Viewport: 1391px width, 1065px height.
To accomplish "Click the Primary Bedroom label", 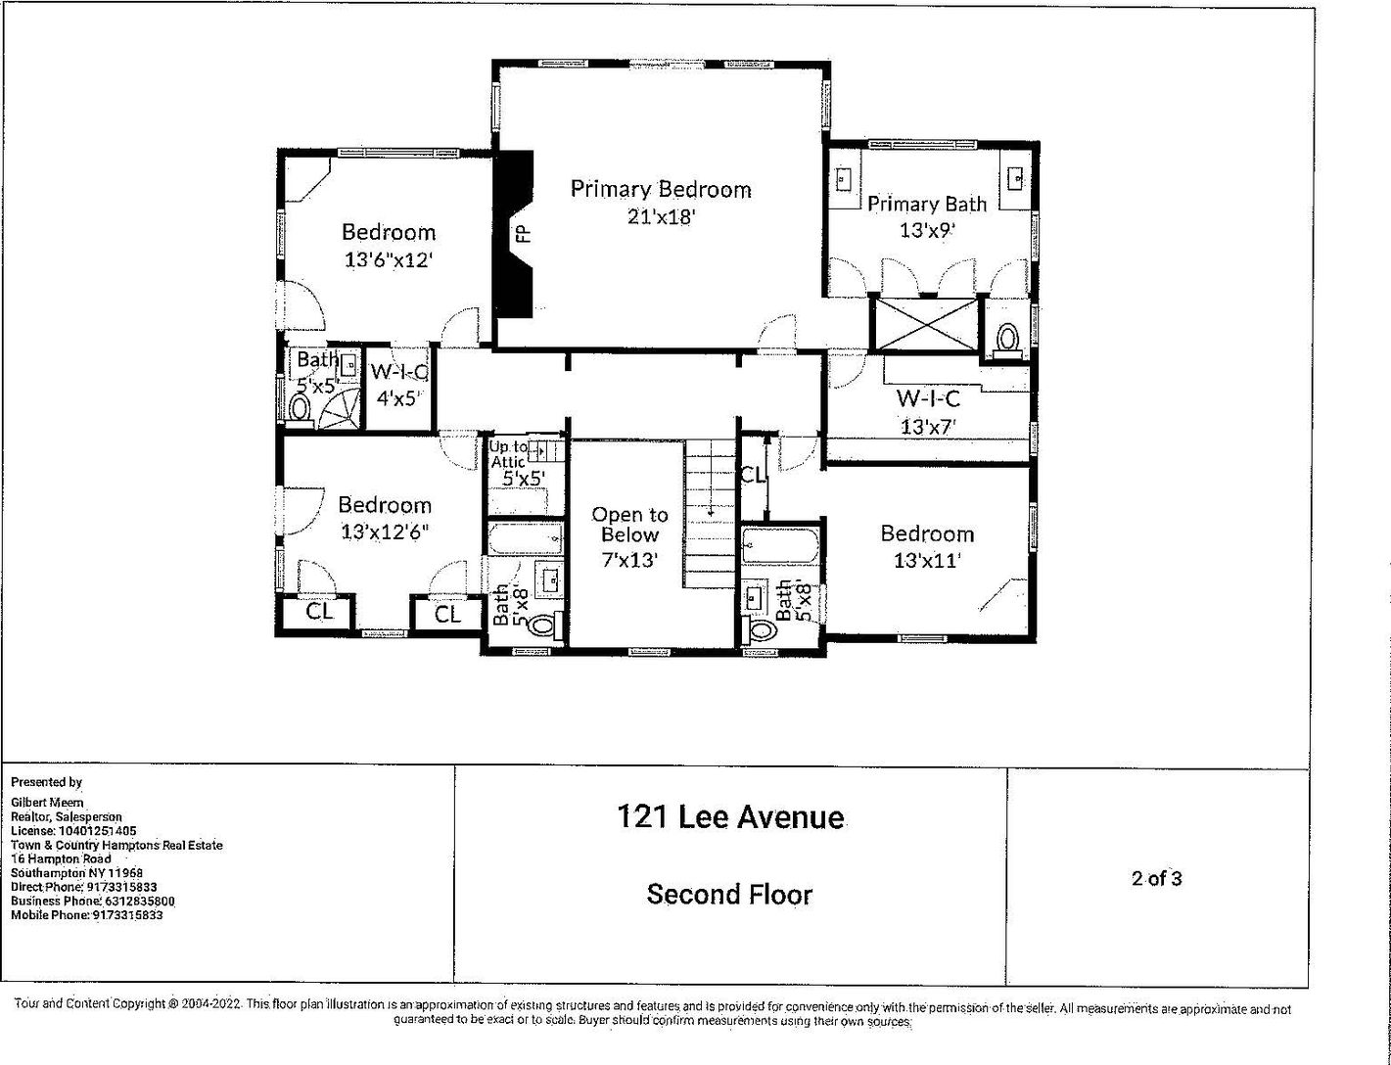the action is (x=661, y=190).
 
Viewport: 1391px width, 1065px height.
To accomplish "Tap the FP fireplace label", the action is (x=524, y=233).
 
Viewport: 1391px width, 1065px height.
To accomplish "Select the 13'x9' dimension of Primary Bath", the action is (x=926, y=230).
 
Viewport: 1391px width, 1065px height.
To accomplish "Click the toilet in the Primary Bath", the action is (x=1007, y=340).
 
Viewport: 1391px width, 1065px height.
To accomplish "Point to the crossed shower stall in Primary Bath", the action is (x=926, y=324).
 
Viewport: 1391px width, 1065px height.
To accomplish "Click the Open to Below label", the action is (x=629, y=525).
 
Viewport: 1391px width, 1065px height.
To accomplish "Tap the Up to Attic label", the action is (x=508, y=454).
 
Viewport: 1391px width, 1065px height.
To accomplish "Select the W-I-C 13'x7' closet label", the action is (x=928, y=412).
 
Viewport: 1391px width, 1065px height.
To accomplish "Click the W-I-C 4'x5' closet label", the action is (x=398, y=385).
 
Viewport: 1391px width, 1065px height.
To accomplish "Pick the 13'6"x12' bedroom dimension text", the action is (x=389, y=259).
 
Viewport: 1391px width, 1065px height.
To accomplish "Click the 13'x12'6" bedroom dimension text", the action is (x=384, y=532).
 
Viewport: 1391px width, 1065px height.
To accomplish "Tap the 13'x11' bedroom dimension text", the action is (x=927, y=561).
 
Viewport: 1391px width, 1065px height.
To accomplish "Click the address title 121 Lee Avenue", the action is (x=730, y=817).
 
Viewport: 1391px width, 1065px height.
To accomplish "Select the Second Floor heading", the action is (x=729, y=894).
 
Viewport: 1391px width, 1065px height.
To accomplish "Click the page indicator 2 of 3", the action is (x=1156, y=878).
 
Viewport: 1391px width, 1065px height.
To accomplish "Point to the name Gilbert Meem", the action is (x=47, y=803).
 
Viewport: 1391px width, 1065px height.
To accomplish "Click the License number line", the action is (x=73, y=831).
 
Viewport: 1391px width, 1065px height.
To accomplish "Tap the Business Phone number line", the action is (x=93, y=902).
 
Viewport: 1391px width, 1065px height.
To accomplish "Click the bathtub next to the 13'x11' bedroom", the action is (x=780, y=545).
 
